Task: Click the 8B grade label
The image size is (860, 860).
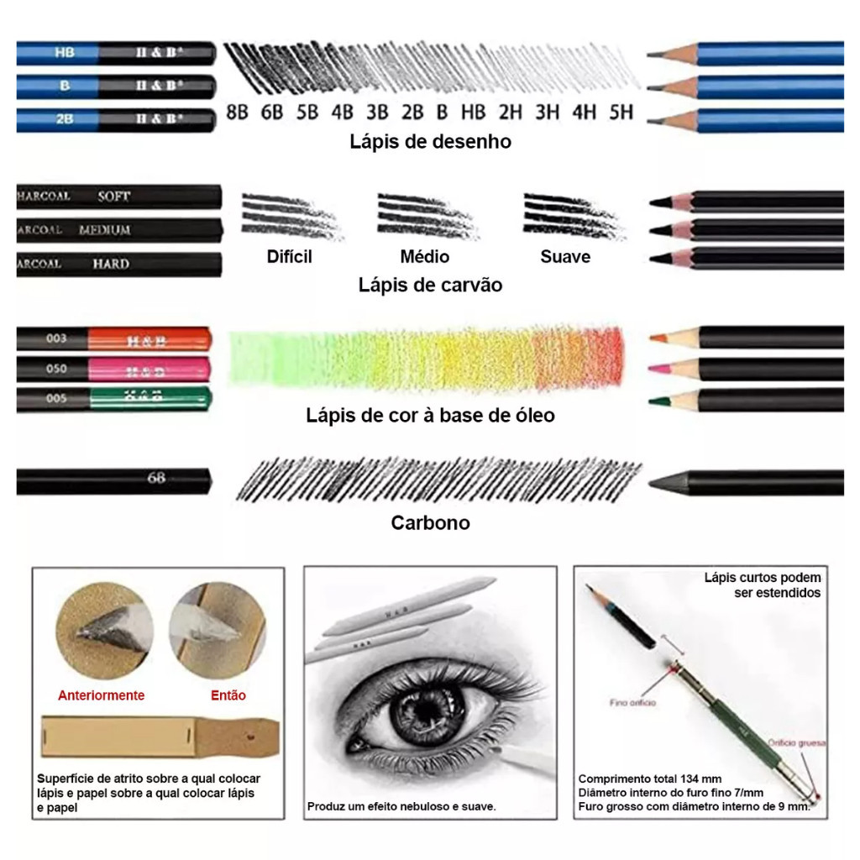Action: coord(238,111)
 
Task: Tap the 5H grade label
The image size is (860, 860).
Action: coord(621,111)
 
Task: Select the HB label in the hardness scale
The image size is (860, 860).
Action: coord(473,111)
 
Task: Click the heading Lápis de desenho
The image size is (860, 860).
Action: coord(430,141)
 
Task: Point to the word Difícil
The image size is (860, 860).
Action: coord(289,256)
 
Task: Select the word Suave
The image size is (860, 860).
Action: coord(564,256)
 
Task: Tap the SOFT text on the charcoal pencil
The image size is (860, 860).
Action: coord(114,196)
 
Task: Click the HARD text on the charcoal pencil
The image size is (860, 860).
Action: coord(111,264)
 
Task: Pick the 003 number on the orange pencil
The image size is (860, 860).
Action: coord(56,338)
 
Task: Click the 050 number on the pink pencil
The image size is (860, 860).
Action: coord(56,368)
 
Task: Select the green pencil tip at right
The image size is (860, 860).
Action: coord(663,400)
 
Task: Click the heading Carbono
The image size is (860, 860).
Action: coord(430,522)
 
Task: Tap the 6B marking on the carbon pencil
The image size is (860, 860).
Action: coord(156,479)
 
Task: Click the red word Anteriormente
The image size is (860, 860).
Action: coord(101,695)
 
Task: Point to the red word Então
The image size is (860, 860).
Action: coord(228,695)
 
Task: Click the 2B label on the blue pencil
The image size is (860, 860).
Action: coord(65,119)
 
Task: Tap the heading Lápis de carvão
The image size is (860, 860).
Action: coord(430,285)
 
